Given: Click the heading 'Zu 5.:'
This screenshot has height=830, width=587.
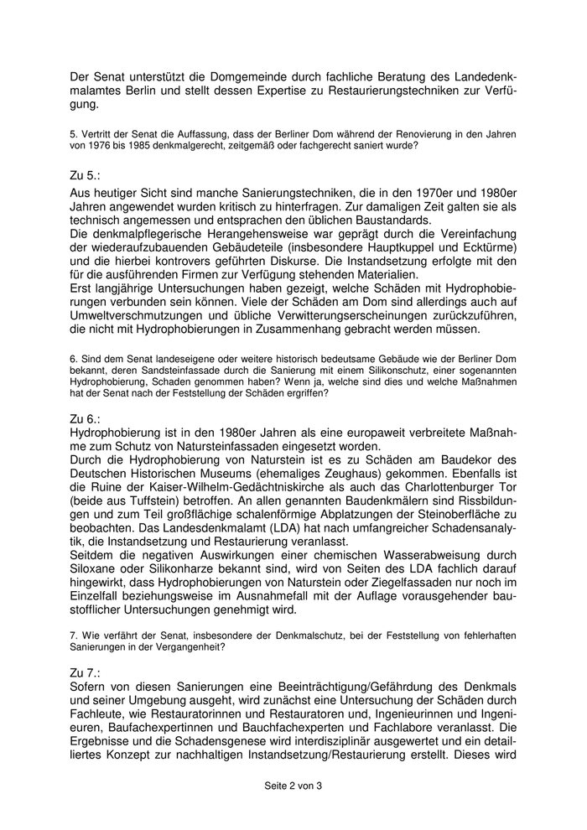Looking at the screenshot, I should pyautogui.click(x=87, y=176).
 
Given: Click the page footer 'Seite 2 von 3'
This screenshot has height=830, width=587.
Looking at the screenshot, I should pyautogui.click(x=293, y=786).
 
